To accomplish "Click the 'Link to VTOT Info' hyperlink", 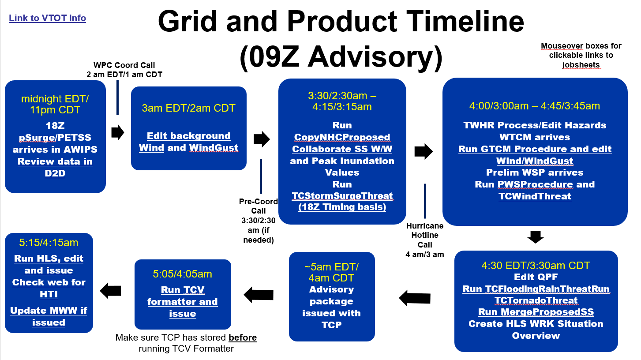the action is pos(47,18).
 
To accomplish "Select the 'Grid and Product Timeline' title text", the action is pos(341,22).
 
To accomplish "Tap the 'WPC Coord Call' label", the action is pos(124,65).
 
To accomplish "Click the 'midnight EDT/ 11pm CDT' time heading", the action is pos(55,104).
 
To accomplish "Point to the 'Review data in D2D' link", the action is pos(55,167).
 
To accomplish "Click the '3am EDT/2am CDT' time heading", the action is pos(188,108).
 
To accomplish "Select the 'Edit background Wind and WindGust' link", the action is pos(188,142).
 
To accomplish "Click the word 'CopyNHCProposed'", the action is pos(342,137).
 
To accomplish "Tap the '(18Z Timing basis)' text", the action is pos(342,207).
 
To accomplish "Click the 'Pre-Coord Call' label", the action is pos(259,206).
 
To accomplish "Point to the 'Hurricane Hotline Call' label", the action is pos(425,235).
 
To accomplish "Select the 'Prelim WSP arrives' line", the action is pos(535,172).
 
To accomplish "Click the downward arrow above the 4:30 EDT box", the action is pos(536,237).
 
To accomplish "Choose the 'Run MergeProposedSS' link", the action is pos(536,311).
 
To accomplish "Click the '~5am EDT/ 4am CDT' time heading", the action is pos(331,272).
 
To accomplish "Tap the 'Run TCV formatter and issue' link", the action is pos(183,302).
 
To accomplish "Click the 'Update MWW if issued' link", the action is pos(49,316).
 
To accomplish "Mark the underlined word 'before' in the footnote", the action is pos(243,337).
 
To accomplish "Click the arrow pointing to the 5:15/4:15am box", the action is pos(110,291).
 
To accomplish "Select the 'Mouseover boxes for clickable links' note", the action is pos(581,55).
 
